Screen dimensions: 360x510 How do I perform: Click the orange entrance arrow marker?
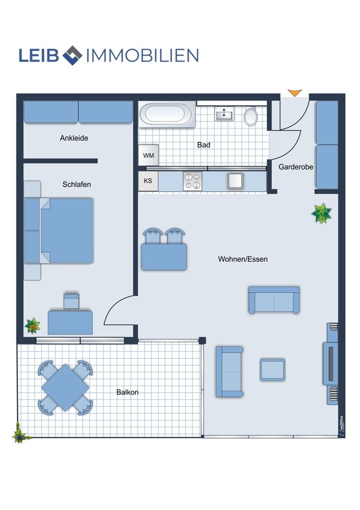pos(295,93)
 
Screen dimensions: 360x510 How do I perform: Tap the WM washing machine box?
pos(148,155)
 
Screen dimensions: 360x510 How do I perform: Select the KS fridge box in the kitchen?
pos(148,181)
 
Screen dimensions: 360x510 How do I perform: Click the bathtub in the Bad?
pos(167,114)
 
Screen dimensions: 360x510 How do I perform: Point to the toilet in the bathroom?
pos(251,116)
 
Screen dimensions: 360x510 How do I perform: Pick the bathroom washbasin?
pos(224,114)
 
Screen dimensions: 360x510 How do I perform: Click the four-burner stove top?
pos(193,181)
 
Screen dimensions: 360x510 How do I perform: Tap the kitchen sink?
pos(236,181)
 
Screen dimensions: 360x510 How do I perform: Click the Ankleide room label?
pos(74,138)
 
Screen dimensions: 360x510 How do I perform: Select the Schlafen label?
pos(77,185)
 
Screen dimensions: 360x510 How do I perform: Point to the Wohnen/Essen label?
pos(243,259)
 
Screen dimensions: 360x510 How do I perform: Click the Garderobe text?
pos(296,167)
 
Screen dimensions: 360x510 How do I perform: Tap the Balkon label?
pos(127,392)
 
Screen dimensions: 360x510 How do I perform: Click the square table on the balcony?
pos(65,388)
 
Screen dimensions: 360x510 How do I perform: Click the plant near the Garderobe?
pos(321,213)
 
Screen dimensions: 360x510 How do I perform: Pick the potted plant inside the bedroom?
pos(32,325)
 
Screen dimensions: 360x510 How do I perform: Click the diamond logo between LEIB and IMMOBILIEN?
pos(72,55)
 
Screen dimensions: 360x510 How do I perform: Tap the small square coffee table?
pos(272,370)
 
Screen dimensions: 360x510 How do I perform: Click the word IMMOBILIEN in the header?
pos(142,56)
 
